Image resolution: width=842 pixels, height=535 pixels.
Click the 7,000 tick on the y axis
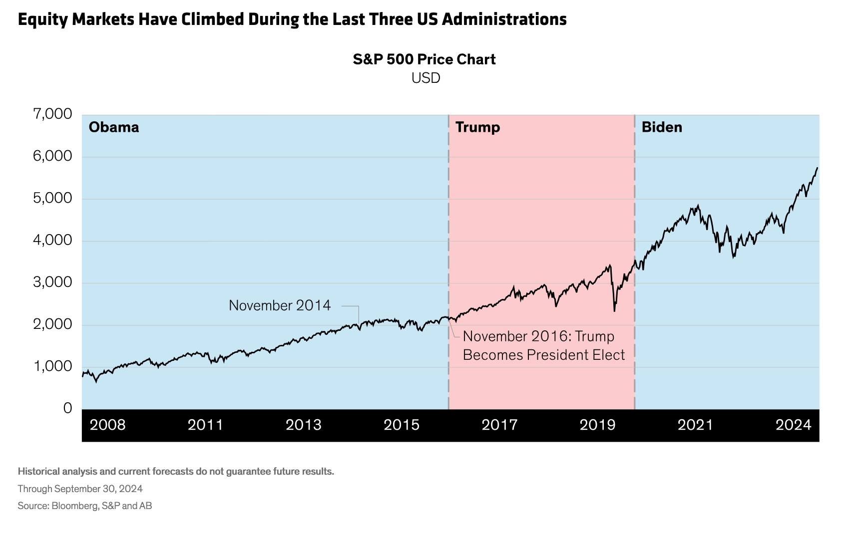tap(52, 114)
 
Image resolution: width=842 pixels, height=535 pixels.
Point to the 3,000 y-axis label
tap(52, 282)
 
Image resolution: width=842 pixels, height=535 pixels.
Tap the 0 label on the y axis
tap(68, 408)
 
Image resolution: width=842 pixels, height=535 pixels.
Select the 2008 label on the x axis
tap(107, 425)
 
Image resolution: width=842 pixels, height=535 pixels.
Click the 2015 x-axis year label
tap(402, 425)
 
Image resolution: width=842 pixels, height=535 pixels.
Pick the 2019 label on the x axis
tap(597, 425)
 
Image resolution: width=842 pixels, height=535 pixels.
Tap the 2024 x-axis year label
tap(794, 425)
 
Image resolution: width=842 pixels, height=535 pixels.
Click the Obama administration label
tap(114, 127)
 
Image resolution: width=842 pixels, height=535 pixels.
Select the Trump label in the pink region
tap(477, 127)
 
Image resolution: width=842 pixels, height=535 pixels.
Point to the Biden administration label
tap(662, 127)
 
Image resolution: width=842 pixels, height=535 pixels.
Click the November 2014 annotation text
tap(280, 305)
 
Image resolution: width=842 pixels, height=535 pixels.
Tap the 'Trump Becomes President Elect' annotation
tap(543, 345)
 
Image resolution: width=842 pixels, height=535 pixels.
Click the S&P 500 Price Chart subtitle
tap(424, 59)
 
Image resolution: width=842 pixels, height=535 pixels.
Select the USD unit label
tap(425, 78)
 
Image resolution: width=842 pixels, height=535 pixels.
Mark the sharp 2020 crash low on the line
tap(614, 311)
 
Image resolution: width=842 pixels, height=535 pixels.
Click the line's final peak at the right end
tap(817, 168)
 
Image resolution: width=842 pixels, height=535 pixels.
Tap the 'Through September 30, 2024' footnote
tap(80, 489)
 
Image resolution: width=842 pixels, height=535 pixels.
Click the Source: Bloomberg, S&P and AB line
tap(84, 506)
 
